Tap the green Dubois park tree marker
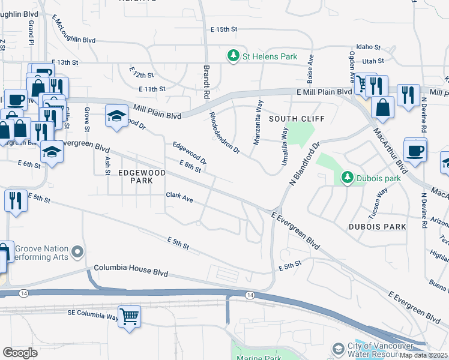[x=346, y=177]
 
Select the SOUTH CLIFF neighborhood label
[x=297, y=119]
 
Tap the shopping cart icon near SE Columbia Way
[x=130, y=316]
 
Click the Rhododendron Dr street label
[x=224, y=133]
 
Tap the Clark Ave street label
[x=179, y=197]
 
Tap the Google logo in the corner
[x=20, y=353]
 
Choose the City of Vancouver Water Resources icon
[x=338, y=349]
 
